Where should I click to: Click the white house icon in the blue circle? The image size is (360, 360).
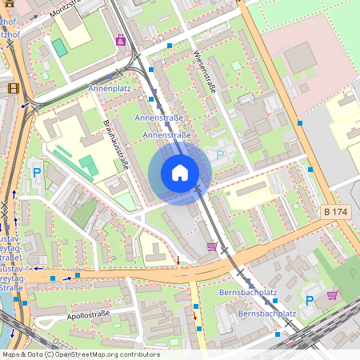180,173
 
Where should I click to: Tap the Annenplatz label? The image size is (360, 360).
110,88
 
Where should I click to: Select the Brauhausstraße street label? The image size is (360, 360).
118,147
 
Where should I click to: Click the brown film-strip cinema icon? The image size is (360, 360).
14,88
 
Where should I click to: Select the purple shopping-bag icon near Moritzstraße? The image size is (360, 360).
121,40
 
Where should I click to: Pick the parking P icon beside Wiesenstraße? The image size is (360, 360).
220,154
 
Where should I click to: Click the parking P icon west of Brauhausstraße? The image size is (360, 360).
36,172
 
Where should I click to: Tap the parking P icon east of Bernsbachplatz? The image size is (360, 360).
310,301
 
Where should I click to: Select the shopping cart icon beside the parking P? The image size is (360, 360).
332,295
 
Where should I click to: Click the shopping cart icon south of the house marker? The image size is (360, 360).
212,246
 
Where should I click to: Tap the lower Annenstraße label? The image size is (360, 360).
166,136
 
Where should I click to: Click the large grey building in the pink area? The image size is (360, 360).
299,58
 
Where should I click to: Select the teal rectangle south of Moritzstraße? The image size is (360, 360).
60,47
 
